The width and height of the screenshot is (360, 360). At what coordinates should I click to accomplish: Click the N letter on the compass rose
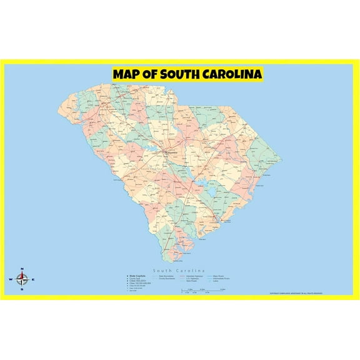point(22,269)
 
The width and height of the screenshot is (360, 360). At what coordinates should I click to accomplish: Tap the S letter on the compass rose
point(22,289)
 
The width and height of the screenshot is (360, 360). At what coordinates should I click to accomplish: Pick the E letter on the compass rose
point(33,279)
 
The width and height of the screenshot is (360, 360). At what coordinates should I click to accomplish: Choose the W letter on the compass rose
point(11,279)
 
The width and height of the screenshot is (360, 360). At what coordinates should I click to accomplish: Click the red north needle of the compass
point(22,275)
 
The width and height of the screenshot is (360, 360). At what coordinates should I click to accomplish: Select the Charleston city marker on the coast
point(221,221)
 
